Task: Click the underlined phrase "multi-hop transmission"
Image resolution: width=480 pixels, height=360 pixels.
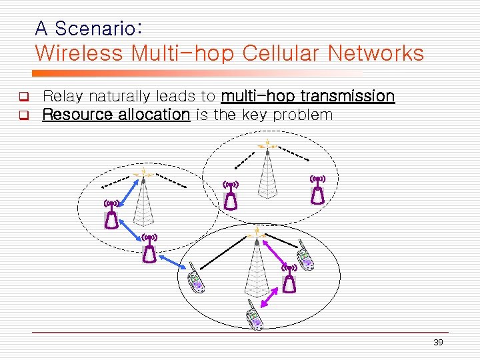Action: pos(307,96)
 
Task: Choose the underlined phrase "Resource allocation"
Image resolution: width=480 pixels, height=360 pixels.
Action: pos(116,115)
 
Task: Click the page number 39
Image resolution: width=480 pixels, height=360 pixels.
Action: pos(438,342)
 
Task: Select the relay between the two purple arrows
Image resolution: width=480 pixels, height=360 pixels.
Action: pos(289,278)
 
